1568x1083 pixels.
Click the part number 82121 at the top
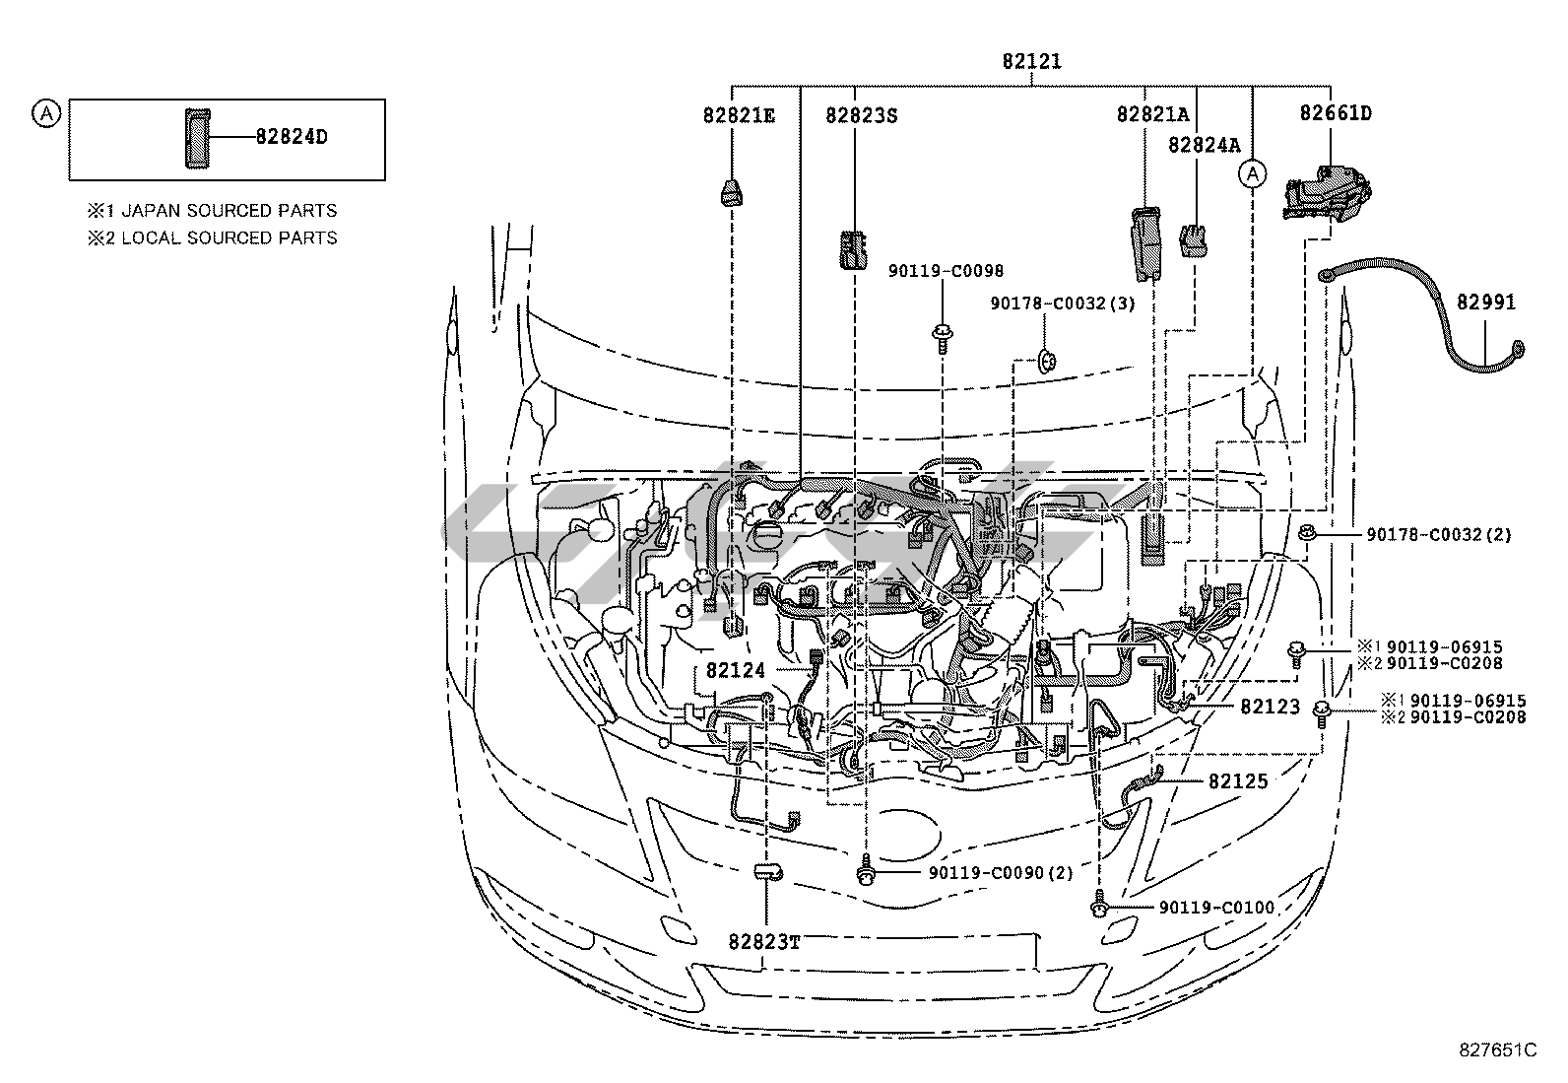tap(1031, 61)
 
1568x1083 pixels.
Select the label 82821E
tap(739, 115)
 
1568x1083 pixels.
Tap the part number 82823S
tap(862, 115)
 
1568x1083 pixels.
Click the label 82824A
tap(1204, 145)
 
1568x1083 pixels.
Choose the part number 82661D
tap(1335, 113)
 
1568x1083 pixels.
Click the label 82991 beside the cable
tap(1486, 303)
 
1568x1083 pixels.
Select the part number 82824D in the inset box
tap(292, 137)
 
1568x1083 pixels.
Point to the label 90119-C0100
tap(1216, 907)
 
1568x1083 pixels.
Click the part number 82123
tap(1270, 707)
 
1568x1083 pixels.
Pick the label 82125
tap(1238, 780)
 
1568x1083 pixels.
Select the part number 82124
tap(735, 670)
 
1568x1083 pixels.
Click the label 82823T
tap(764, 942)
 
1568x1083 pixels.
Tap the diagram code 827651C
tap(1498, 1050)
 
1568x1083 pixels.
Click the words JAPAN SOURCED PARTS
tap(229, 211)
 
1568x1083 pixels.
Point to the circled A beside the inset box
tap(45, 113)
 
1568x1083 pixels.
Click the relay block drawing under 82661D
tap(1327, 192)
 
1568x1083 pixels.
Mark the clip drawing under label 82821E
tap(731, 194)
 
